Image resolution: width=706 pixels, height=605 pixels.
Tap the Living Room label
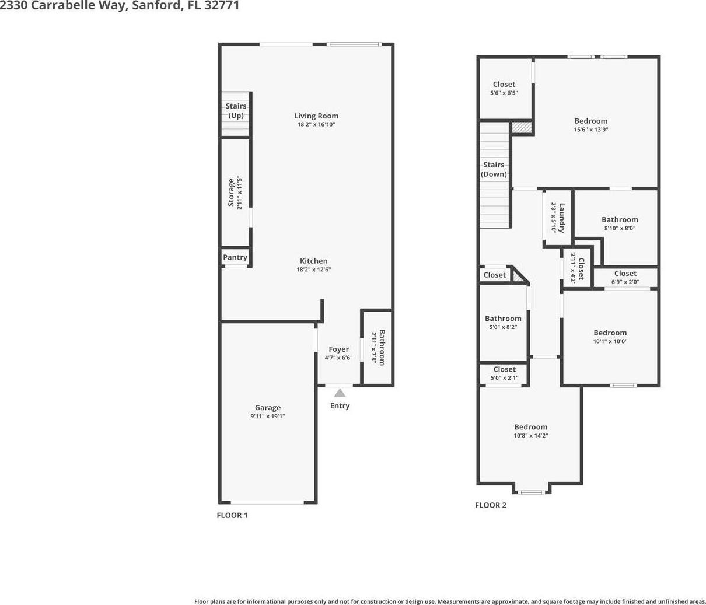coord(316,116)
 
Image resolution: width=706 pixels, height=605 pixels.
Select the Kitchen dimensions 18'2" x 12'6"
coord(313,269)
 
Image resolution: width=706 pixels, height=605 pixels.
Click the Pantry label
coord(235,257)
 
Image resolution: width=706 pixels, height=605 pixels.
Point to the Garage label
coord(267,408)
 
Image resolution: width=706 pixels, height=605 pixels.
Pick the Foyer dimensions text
coord(338,358)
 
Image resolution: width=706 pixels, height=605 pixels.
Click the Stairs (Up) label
coord(236,111)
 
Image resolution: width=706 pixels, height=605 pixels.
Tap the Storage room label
coord(231,193)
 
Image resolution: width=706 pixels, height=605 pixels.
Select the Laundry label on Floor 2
coord(562,218)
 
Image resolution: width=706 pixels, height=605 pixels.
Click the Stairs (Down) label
coord(494,169)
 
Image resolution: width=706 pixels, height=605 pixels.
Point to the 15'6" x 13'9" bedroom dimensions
coord(591,130)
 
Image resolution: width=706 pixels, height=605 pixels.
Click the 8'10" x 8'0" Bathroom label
coord(620,220)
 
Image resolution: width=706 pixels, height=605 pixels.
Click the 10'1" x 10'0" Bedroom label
coord(610,333)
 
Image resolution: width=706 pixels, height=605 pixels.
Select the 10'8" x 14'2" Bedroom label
coord(531,427)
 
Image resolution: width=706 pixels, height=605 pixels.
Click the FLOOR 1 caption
coord(232,515)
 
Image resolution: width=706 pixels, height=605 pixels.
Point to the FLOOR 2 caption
coord(491,505)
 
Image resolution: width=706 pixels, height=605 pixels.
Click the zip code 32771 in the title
coord(222,5)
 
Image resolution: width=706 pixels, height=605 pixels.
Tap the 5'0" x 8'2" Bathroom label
coord(503,319)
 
